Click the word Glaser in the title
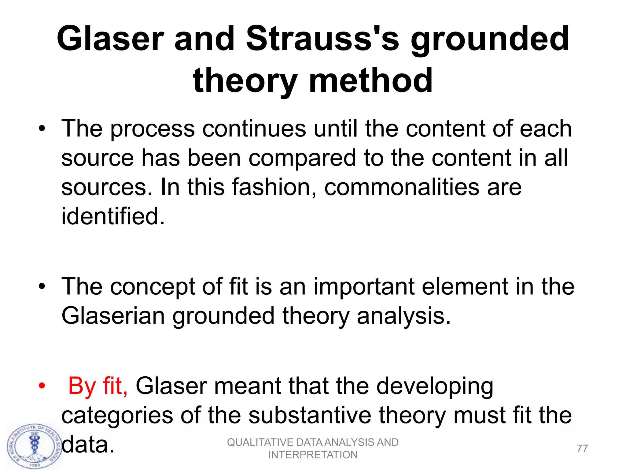pos(110,39)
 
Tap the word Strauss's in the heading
pos(322,39)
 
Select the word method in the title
pos(370,80)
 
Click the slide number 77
pos(582,449)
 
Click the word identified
pos(113,216)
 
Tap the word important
pos(364,287)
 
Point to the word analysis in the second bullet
pos(403,316)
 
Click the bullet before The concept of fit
pos(42,287)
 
